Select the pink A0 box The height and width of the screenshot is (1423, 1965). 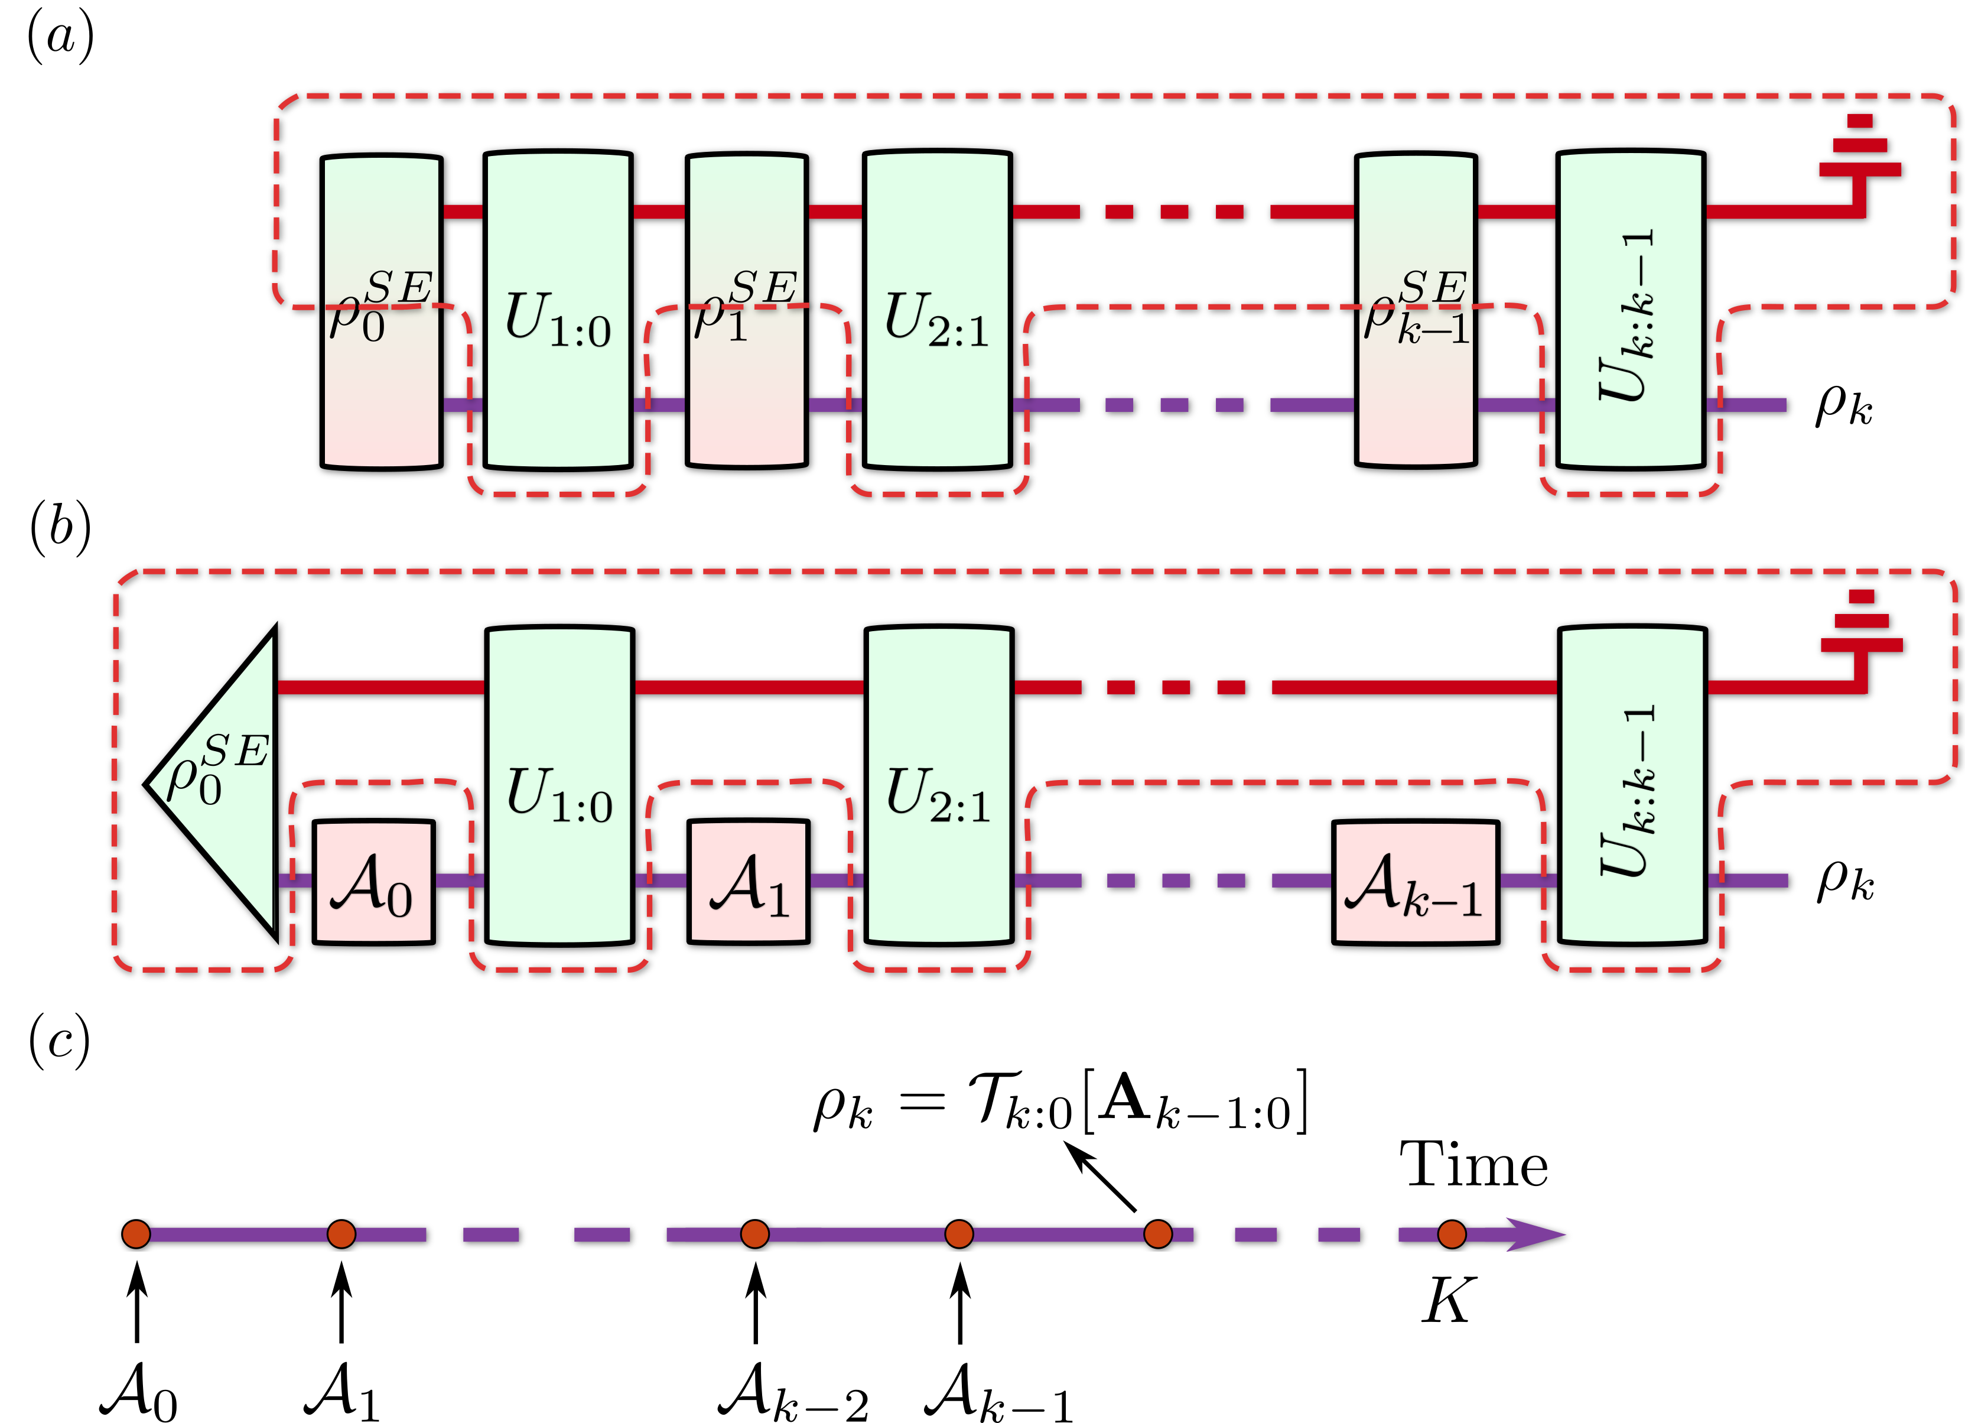pos(373,882)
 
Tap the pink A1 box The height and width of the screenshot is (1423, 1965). pos(748,882)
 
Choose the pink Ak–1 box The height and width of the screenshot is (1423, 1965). pos(1415,882)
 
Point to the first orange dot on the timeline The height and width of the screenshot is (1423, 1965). pos(136,1234)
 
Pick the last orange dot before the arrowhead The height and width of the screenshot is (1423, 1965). pos(1451,1234)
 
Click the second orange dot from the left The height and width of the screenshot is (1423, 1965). pos(341,1234)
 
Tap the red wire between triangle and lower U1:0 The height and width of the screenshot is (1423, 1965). pos(381,687)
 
